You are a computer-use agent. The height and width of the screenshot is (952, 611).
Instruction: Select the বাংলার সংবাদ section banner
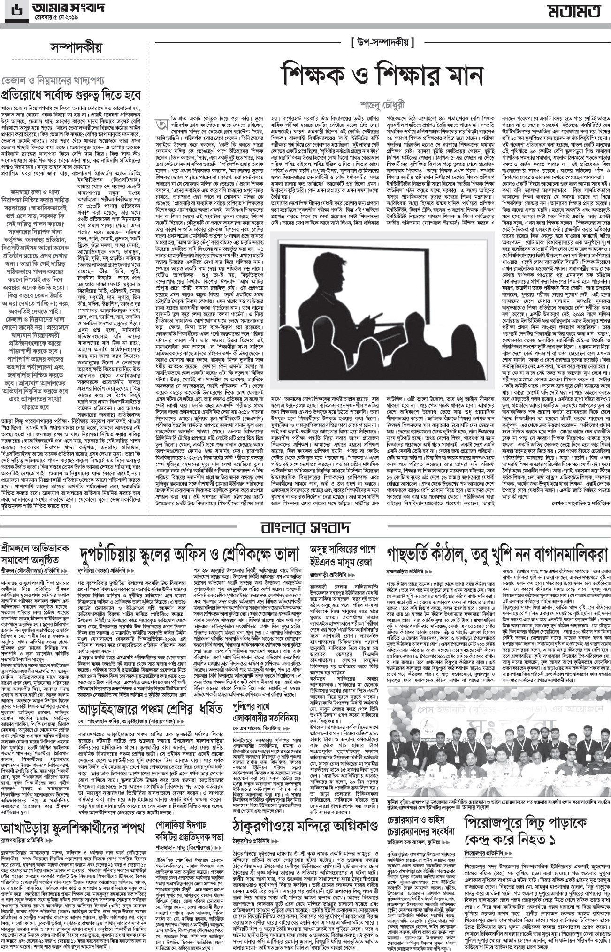(x=305, y=528)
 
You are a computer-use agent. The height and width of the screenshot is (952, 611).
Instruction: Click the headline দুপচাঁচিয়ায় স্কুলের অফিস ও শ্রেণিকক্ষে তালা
(x=190, y=555)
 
